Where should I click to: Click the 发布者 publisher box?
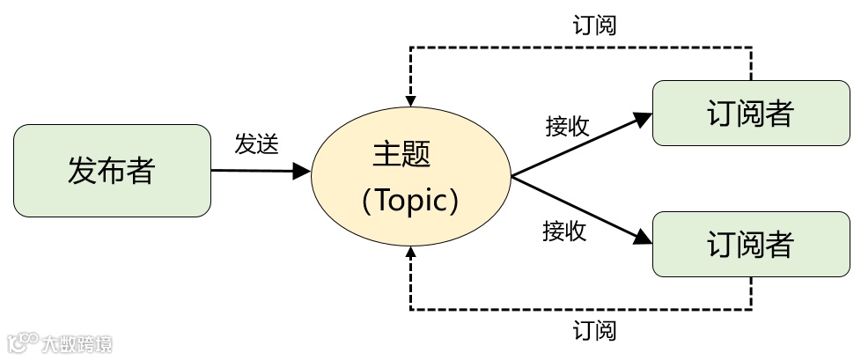pos(112,171)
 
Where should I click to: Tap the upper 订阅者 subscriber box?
pos(750,113)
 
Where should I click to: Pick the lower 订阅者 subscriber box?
pos(750,244)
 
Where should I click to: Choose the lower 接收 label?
pos(564,231)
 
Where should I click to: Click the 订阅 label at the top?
pos(594,25)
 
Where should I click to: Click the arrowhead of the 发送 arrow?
pos(304,171)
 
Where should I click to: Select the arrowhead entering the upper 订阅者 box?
pos(644,114)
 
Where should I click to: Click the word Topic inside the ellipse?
pos(412,202)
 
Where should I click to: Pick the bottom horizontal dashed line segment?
pos(581,309)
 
